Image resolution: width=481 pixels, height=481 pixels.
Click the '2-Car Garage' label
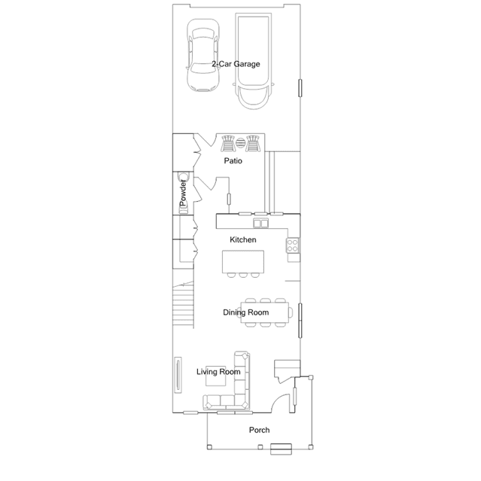236,64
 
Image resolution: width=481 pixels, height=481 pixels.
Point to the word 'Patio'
233,161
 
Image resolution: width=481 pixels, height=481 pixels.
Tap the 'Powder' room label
182,195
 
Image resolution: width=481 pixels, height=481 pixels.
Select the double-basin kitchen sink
260,224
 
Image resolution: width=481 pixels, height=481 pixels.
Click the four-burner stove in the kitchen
294,245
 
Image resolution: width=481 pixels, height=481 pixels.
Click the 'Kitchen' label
243,239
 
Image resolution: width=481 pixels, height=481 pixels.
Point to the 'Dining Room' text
245,312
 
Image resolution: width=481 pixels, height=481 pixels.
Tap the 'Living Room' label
218,372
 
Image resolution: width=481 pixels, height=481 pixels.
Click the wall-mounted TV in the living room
178,374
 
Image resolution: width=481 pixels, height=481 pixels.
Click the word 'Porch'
260,430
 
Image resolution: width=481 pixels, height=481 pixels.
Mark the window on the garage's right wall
301,89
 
